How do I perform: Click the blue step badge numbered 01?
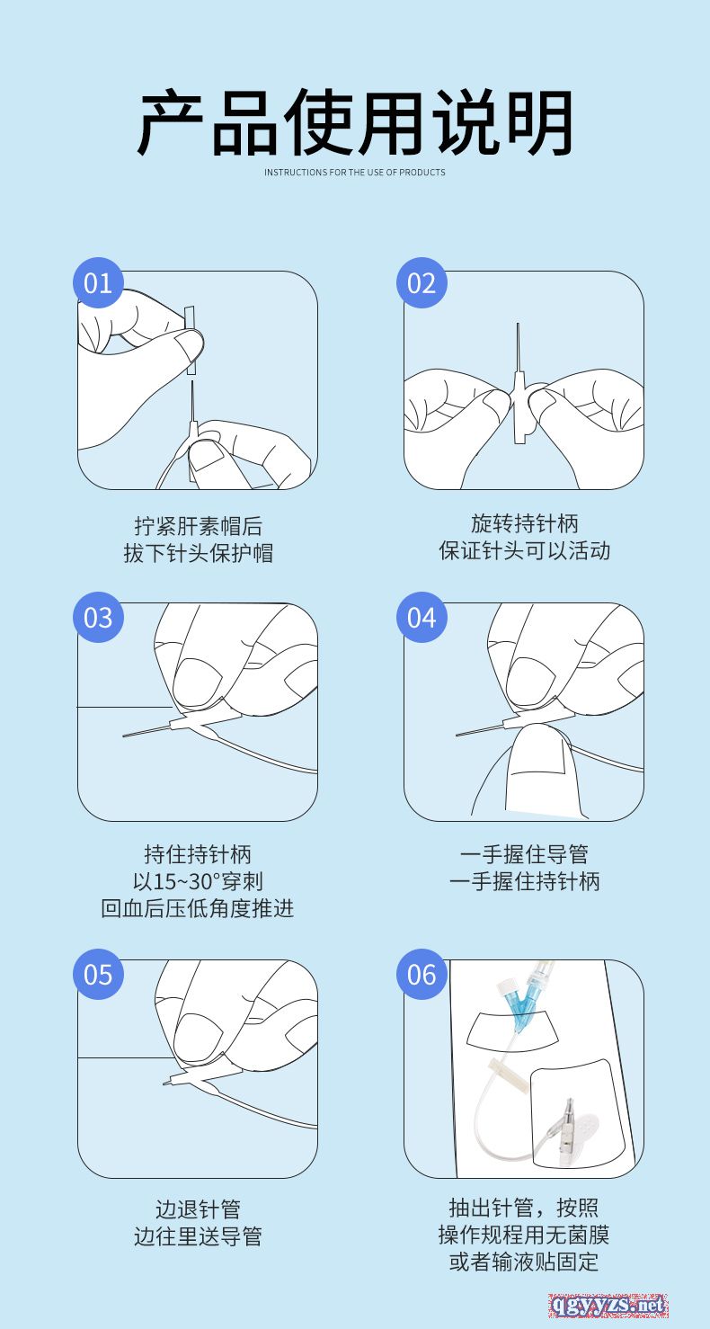coord(98,282)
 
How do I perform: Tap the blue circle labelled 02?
coord(422,282)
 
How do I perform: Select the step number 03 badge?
coord(98,617)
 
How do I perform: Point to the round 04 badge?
coord(422,617)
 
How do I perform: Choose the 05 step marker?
coord(98,974)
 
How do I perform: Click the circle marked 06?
coord(422,974)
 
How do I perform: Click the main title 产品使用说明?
coord(355,123)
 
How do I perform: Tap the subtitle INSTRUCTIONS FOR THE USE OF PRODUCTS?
coord(355,172)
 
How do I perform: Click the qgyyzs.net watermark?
coord(608,1306)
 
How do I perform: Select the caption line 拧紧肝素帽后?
coord(198,526)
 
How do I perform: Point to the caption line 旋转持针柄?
coord(524,523)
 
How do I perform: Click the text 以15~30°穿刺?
coord(198,881)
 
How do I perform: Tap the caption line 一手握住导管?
coord(524,854)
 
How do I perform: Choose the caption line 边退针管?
coord(198,1209)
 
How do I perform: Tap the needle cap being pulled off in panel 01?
coord(191,341)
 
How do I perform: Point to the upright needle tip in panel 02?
coord(518,326)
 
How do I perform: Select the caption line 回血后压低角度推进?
coord(198,908)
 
